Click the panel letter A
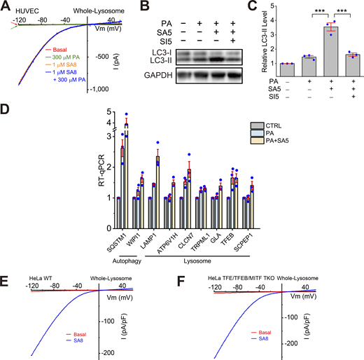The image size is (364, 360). pos(5,6)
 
